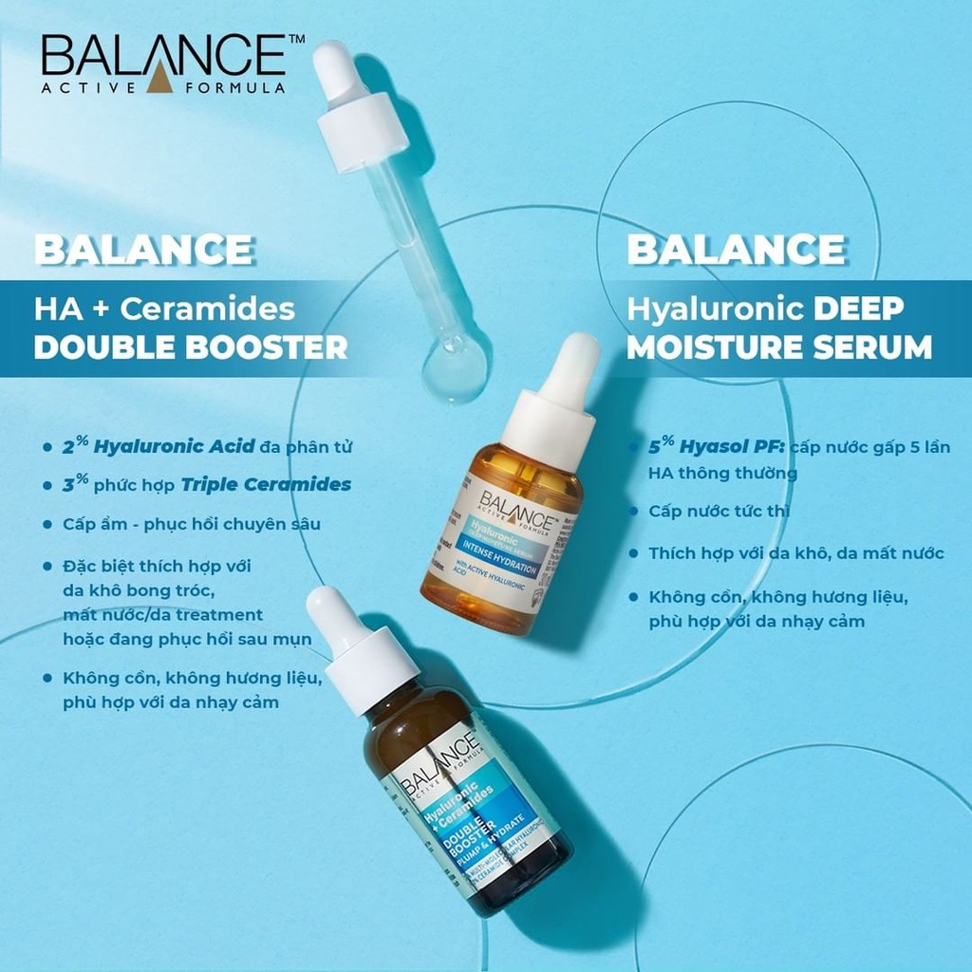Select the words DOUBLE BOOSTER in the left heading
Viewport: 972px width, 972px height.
tap(191, 347)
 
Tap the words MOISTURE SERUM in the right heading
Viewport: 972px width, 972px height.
tap(779, 347)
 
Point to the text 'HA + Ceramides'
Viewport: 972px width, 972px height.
tap(164, 309)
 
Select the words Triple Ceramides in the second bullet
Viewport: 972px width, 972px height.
tap(280, 485)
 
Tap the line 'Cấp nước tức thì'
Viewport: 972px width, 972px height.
tap(720, 512)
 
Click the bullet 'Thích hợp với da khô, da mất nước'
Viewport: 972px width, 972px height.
tap(796, 553)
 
